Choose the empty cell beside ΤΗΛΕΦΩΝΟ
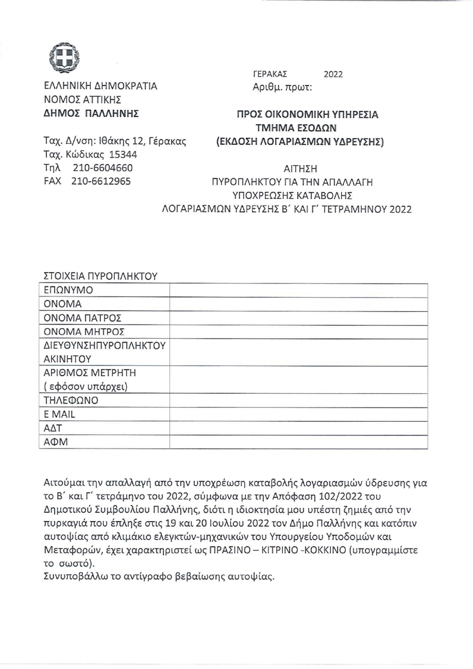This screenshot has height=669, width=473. [299, 400]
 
